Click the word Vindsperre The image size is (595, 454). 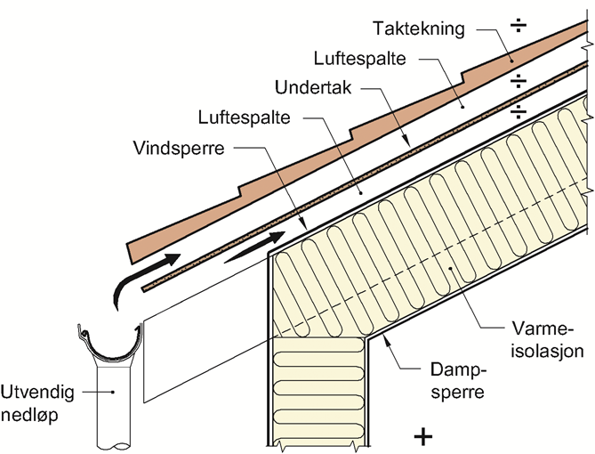coord(176,147)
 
